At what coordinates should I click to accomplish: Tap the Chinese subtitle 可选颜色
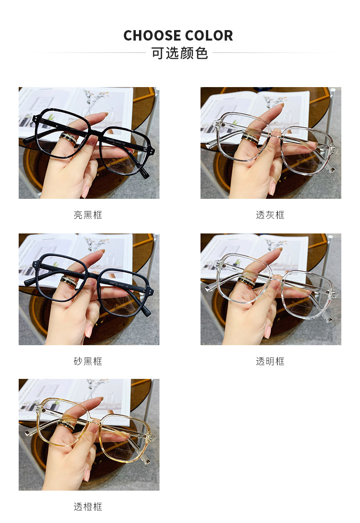pos(180,53)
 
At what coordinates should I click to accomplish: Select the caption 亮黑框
pos(88,215)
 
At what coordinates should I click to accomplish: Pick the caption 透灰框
pos(270,215)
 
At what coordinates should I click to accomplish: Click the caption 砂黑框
pos(88,361)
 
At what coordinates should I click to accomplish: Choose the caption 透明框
pos(270,361)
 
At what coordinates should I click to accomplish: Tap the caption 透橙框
pos(88,507)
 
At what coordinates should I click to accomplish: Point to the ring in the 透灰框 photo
pos(250,139)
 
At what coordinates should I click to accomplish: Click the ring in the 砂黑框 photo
pos(69,282)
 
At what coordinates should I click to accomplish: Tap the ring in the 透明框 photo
pos(247,282)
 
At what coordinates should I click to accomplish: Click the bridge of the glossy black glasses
pos(96,132)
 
